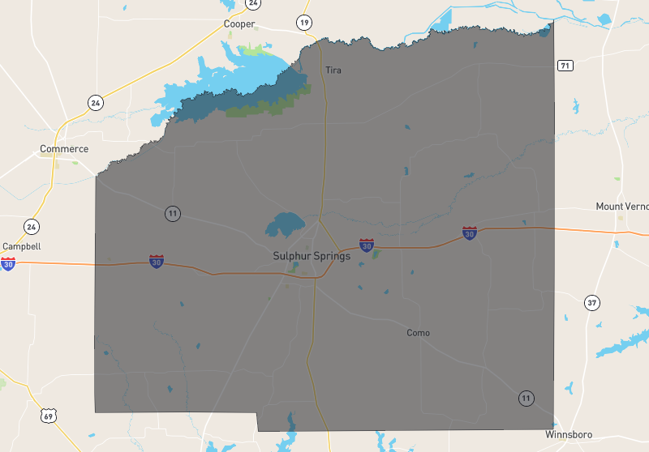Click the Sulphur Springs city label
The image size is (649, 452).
312,256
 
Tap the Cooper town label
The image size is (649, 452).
239,23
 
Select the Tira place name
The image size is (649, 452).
333,70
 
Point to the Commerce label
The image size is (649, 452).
64,149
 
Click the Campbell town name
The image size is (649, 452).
22,246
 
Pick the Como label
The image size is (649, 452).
418,333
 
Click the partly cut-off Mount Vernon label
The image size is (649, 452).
621,207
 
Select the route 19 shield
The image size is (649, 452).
303,22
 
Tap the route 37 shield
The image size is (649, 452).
592,303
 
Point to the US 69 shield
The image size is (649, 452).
49,416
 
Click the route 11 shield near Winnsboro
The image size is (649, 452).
527,398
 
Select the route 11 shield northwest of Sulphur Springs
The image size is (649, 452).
172,214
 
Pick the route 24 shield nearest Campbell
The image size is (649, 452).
31,226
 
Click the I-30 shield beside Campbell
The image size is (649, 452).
8,263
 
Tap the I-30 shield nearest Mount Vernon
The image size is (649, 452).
469,233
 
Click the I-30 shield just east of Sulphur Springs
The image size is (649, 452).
367,245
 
